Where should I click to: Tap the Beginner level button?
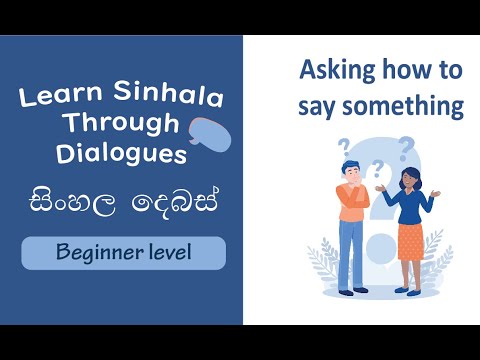coord(124,253)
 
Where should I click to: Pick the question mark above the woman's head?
coord(406,150)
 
